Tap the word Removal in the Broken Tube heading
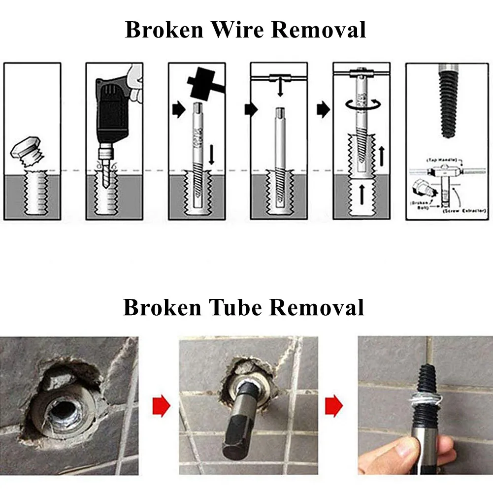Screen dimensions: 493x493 [x=317, y=308]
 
